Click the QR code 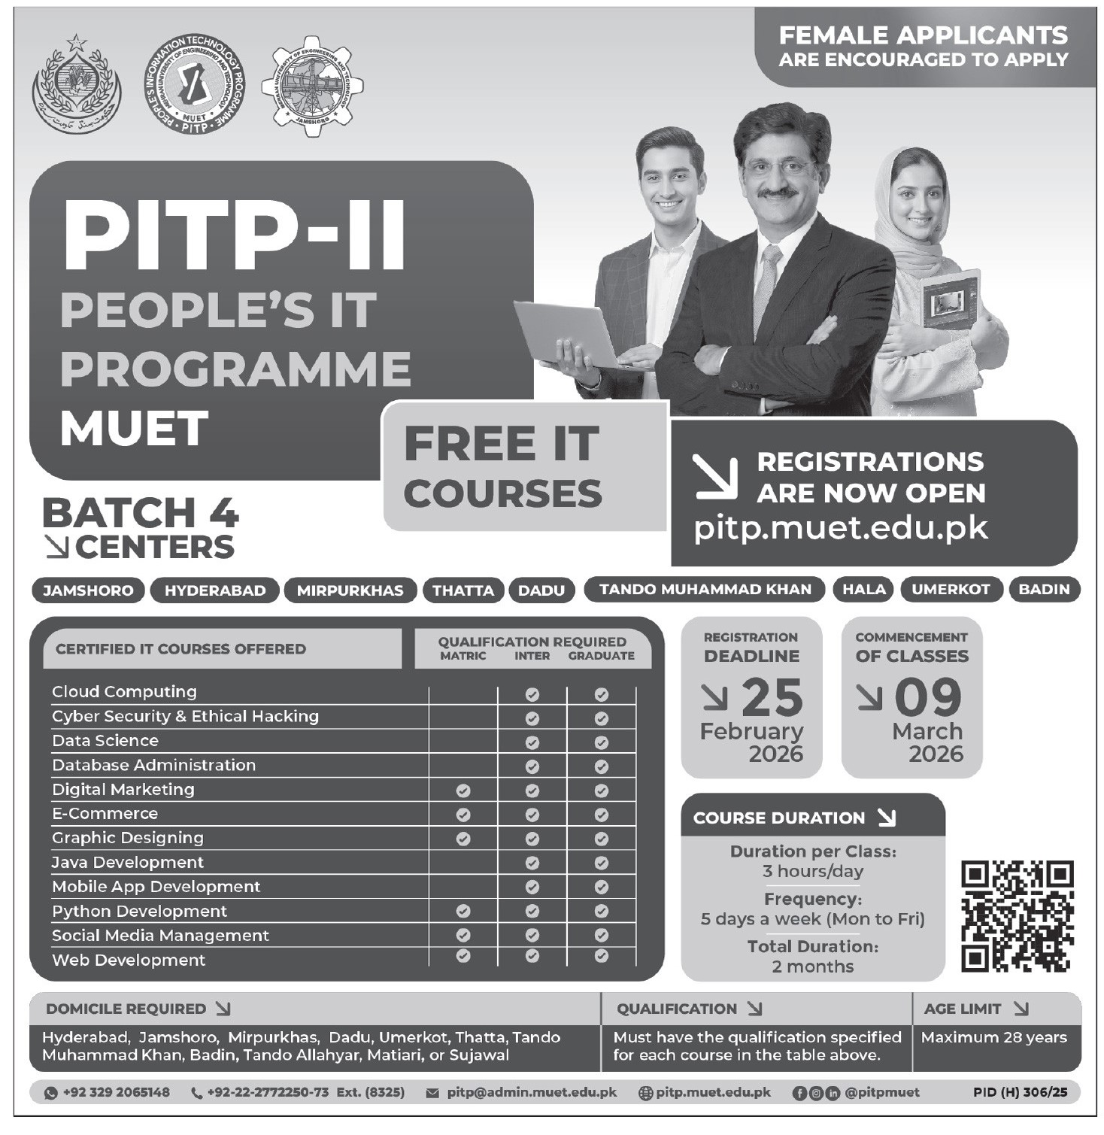pyautogui.click(x=1017, y=916)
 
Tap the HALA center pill pyautogui.click(x=864, y=590)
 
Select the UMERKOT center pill pyautogui.click(x=951, y=590)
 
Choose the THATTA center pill pyautogui.click(x=463, y=590)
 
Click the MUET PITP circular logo pyautogui.click(x=194, y=84)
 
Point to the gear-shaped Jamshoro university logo pyautogui.click(x=312, y=86)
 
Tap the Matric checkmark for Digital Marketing pyautogui.click(x=463, y=791)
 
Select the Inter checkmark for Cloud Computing pyautogui.click(x=532, y=694)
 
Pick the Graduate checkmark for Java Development pyautogui.click(x=601, y=863)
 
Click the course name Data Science pyautogui.click(x=105, y=741)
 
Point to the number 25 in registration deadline pyautogui.click(x=772, y=697)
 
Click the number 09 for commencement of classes pyautogui.click(x=928, y=697)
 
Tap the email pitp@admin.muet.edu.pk pyautogui.click(x=531, y=1092)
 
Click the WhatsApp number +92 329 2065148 pyautogui.click(x=116, y=1092)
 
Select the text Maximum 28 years pyautogui.click(x=993, y=1038)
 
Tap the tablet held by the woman pyautogui.click(x=950, y=299)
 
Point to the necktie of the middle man pyautogui.click(x=768, y=279)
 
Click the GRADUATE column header pyautogui.click(x=601, y=656)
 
